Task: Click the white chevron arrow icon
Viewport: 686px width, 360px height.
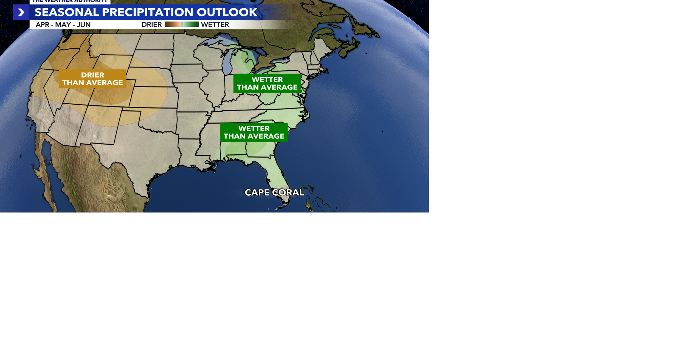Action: (x=21, y=12)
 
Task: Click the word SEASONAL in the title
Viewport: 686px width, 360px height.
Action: (x=66, y=12)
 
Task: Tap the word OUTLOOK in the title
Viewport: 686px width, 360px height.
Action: (x=227, y=12)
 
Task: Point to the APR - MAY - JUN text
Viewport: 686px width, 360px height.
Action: (x=63, y=25)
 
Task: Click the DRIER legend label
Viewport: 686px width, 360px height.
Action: (x=151, y=25)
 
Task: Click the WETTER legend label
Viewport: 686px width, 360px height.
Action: (x=215, y=25)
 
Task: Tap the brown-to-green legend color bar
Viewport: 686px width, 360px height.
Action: (x=182, y=24)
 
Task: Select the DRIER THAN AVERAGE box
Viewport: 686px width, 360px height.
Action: (x=93, y=79)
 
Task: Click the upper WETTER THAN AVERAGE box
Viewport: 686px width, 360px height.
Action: (x=267, y=84)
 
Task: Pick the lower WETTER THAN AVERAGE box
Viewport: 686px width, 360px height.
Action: (x=254, y=132)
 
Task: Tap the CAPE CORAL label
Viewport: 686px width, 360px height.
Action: (x=274, y=192)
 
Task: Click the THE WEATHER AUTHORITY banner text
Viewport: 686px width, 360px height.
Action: (x=70, y=1)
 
